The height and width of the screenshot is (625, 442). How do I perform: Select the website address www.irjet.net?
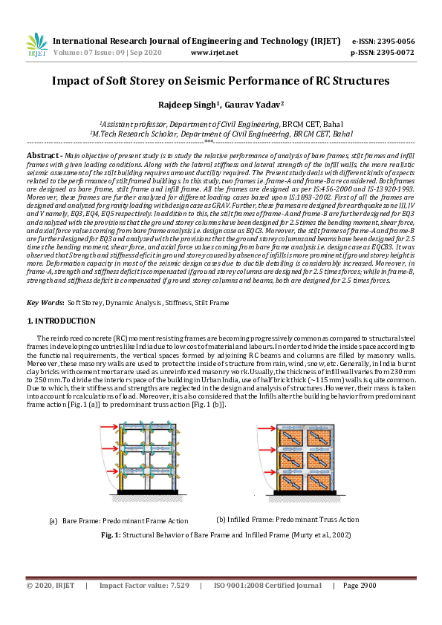point(215,53)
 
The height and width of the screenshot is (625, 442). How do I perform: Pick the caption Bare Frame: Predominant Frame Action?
point(125,520)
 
